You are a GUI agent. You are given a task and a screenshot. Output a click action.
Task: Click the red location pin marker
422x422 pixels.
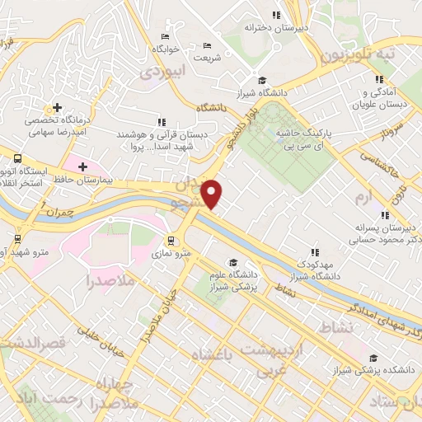point(213,194)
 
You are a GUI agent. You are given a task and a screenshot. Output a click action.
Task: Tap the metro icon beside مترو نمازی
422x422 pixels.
point(171,241)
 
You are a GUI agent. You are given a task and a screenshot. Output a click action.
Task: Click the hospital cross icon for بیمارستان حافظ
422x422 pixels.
point(82,167)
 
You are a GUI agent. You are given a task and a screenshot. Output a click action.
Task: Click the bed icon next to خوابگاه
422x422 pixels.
point(165,37)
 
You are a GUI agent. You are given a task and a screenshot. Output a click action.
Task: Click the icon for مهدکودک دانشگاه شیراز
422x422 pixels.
point(313,251)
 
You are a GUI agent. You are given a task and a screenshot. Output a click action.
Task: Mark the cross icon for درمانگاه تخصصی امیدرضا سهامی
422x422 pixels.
point(56,107)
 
